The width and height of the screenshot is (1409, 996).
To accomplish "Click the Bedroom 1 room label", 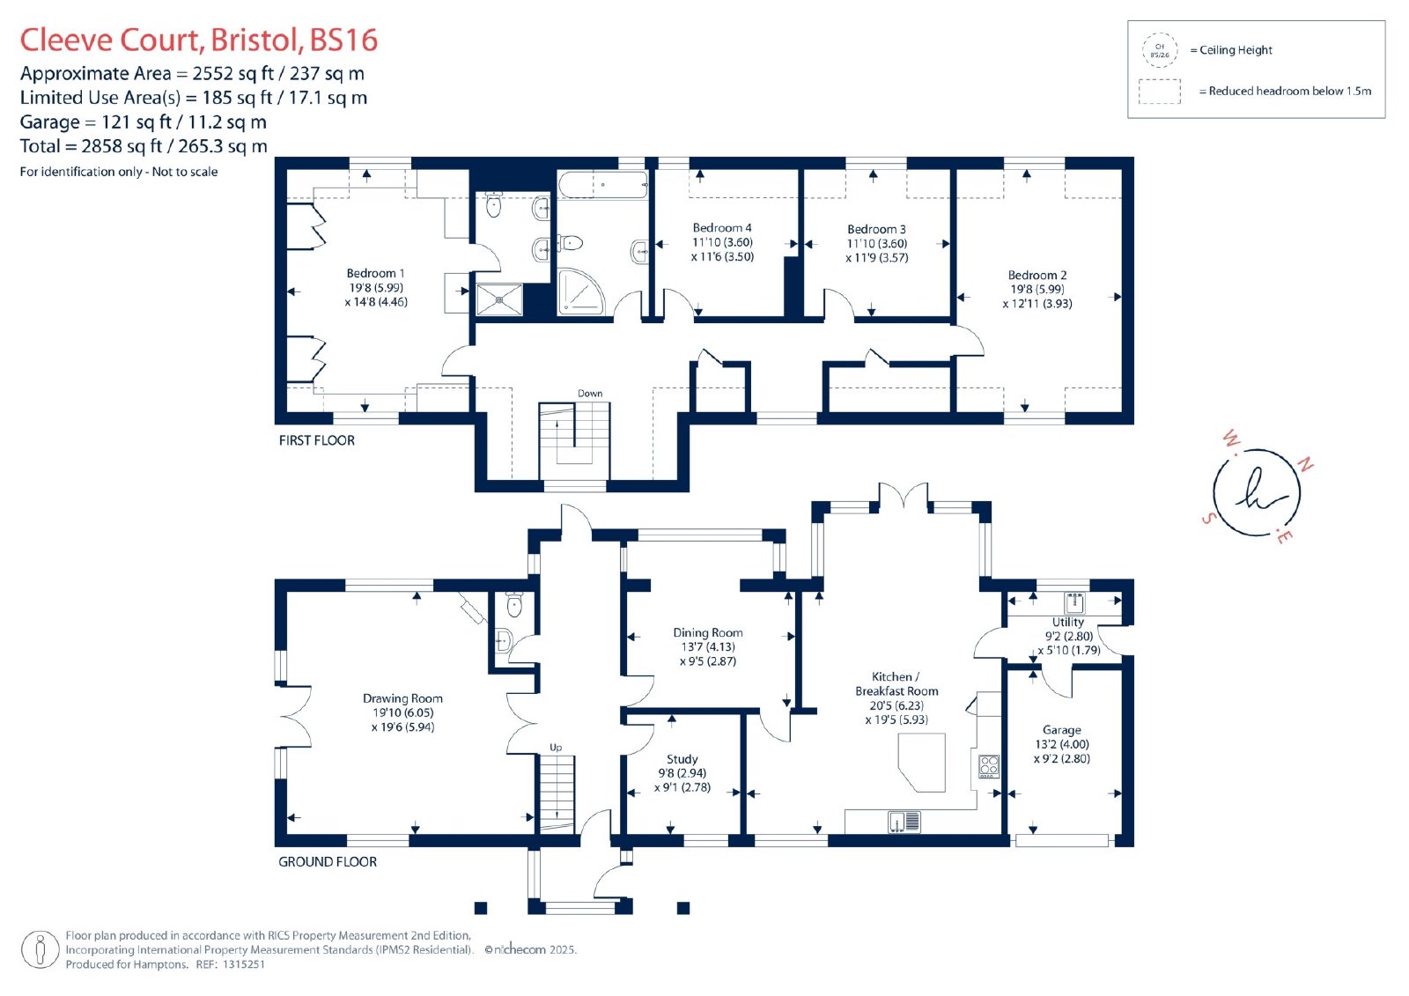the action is click(x=375, y=273).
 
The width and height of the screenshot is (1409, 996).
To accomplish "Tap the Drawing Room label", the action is click(x=402, y=698).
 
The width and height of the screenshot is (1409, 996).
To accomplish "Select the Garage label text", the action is click(x=1062, y=730).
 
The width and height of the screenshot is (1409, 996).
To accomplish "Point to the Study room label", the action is click(x=682, y=759).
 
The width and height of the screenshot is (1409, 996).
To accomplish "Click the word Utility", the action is click(x=1068, y=622).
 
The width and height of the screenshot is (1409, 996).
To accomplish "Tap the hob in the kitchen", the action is click(x=989, y=766).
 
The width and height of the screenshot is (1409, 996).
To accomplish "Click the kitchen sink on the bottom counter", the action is click(x=904, y=822).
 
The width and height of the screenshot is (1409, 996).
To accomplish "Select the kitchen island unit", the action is click(x=921, y=762).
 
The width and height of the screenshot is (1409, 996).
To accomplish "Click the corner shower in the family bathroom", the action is click(x=580, y=291).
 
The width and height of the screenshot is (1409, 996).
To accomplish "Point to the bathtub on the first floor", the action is click(x=602, y=185).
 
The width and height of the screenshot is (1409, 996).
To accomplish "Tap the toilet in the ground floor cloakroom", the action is click(x=514, y=604).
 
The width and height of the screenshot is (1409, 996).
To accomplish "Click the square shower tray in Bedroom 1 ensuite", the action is click(x=499, y=299).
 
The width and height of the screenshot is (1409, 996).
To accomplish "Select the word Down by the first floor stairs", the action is click(x=590, y=394).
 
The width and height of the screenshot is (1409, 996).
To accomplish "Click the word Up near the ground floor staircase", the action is click(x=556, y=748).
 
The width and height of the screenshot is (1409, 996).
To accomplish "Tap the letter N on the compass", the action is click(x=1305, y=464).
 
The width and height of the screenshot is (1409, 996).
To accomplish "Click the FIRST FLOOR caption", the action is click(x=316, y=440).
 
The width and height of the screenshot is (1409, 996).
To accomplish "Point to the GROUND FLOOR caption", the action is click(x=327, y=862).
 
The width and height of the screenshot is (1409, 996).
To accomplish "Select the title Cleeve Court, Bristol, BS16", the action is click(x=199, y=40).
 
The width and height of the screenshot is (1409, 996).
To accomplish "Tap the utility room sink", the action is click(x=1074, y=602).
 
